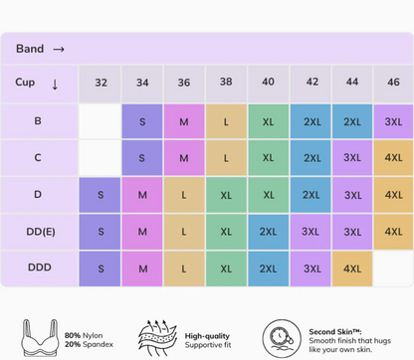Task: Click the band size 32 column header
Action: point(101,83)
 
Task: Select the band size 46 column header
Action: point(393,83)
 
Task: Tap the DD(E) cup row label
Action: point(41,232)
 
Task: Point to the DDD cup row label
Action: point(40,268)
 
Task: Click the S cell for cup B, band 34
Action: point(142,121)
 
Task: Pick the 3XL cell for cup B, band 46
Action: point(393,121)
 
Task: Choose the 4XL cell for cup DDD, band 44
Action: point(352,269)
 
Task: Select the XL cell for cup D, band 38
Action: point(226,195)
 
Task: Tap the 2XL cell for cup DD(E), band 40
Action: point(268,232)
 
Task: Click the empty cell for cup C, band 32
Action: point(101,158)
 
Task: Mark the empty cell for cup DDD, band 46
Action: point(393,269)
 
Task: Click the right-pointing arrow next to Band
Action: point(59,50)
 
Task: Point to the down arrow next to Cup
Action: point(55,85)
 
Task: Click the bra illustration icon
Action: point(40,338)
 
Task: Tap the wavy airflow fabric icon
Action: point(157,338)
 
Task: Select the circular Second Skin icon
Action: point(282,339)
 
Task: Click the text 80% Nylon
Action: point(84,335)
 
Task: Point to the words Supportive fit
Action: point(208,345)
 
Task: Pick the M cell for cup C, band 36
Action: point(184,158)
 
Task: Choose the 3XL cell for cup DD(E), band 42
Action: point(310,232)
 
